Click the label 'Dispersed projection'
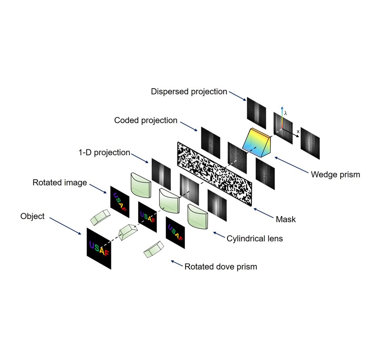point(189,92)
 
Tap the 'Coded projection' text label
point(146,120)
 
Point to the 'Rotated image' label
point(60,183)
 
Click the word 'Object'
point(32,216)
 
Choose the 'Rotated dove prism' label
point(220,266)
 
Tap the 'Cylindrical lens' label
point(254,238)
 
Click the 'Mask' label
point(286,219)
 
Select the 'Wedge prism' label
point(335,175)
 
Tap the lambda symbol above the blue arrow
point(286,113)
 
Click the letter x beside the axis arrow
point(298,131)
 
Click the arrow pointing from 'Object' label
point(65,225)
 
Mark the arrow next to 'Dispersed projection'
point(237,96)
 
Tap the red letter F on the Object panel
point(107,252)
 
